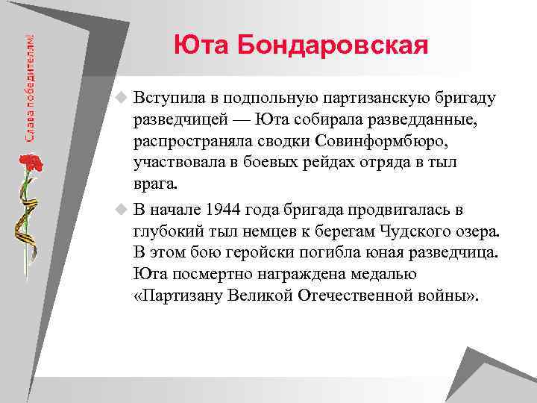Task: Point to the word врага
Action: point(157,183)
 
